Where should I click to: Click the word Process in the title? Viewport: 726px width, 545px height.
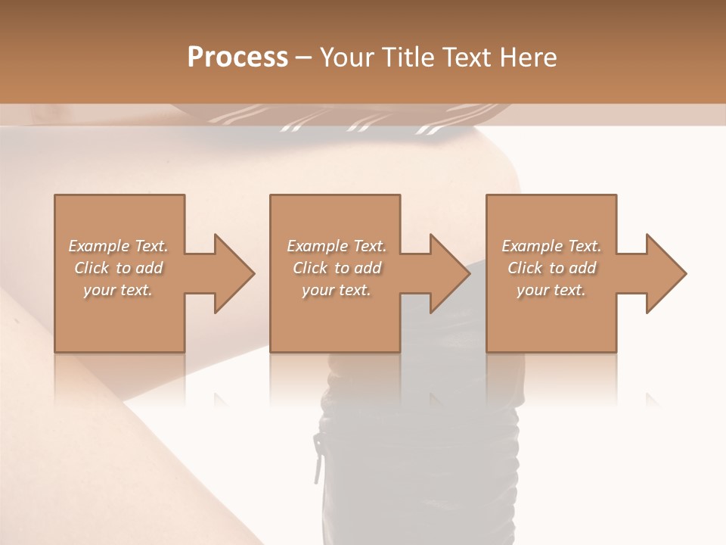pyautogui.click(x=237, y=58)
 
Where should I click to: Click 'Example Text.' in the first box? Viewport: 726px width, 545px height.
pyautogui.click(x=119, y=246)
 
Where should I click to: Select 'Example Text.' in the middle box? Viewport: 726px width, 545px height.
pyautogui.click(x=337, y=246)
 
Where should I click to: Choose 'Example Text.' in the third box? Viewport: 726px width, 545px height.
pyautogui.click(x=551, y=246)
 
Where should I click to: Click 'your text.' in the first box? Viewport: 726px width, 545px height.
pyautogui.click(x=118, y=290)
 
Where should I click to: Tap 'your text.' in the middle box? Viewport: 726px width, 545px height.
pyautogui.click(x=336, y=290)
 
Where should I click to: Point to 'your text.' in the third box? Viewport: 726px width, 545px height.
pyautogui.click(x=551, y=290)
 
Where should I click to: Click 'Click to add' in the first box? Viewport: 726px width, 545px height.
pyautogui.click(x=119, y=268)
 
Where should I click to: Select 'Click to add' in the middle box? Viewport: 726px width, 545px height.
pyautogui.click(x=337, y=268)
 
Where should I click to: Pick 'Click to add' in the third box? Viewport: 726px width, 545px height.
pyautogui.click(x=551, y=268)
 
